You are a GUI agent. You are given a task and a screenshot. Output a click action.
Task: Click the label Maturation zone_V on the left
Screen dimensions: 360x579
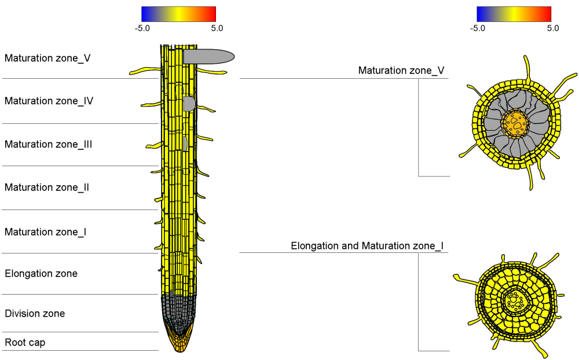pos(47,58)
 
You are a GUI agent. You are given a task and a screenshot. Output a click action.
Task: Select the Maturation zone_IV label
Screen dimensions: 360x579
pos(49,101)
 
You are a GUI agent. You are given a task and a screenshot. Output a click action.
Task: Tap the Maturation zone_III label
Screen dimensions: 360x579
pos(49,144)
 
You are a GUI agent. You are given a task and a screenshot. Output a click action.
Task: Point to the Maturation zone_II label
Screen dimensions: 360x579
pos(47,188)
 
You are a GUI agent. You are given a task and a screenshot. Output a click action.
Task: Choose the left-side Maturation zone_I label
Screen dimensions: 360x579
pos(46,232)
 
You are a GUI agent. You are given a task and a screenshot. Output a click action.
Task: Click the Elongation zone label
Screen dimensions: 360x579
pos(41,273)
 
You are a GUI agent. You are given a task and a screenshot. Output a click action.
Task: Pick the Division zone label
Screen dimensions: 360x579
pos(35,314)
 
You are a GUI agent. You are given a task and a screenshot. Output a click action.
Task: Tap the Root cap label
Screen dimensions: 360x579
pos(25,343)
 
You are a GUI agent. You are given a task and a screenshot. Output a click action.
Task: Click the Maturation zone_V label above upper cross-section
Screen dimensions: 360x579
pos(401,71)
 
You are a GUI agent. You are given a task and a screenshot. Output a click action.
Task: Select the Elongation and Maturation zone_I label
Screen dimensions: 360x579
pos(367,246)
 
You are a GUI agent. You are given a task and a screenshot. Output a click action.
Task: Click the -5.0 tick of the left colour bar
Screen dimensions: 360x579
pos(142,28)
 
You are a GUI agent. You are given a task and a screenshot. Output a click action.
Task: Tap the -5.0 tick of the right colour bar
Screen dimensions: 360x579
pos(478,28)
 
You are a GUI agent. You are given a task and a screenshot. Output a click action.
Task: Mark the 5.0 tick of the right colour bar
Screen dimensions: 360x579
pos(552,28)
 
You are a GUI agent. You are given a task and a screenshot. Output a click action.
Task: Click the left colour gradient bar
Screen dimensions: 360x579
pos(178,14)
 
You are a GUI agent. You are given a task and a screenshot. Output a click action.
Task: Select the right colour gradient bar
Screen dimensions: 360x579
pos(514,14)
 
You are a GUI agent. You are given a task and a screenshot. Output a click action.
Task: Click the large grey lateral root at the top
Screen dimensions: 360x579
pos(208,56)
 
